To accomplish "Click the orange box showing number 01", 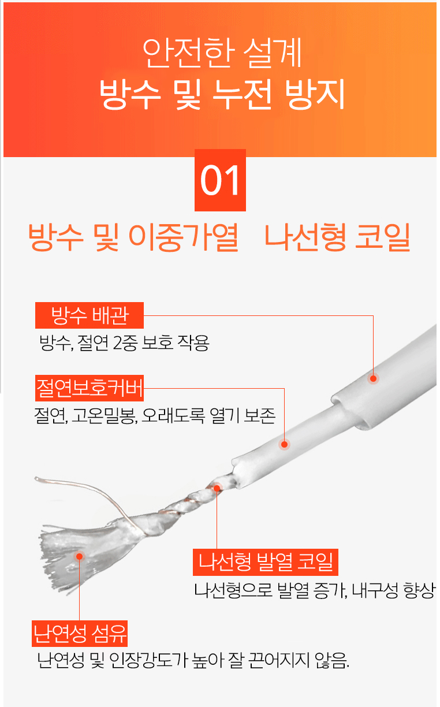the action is coord(220,180).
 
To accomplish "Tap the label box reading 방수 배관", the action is coord(90,315).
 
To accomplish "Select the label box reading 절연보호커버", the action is coord(90,388).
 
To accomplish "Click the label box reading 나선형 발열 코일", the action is coord(265,562).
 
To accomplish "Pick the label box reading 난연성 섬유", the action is coord(80,634).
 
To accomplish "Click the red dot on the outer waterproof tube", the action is coord(373,378).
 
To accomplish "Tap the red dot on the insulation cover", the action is coord(284,444).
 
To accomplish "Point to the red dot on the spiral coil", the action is coord(217,488).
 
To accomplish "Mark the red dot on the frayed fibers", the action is coord(80,556).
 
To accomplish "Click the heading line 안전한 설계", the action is coord(222,53).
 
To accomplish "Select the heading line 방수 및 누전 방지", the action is coord(222,94).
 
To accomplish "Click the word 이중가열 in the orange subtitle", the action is coord(183,237).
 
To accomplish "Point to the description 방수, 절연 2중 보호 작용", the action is coord(124,343).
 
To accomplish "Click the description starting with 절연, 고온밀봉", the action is coord(155,416).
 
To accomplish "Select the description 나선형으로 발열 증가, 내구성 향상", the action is coord(315,590).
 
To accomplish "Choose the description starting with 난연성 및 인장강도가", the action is coord(193,660).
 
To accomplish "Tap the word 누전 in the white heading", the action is coord(242,94).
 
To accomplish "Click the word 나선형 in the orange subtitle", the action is coord(305,237).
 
